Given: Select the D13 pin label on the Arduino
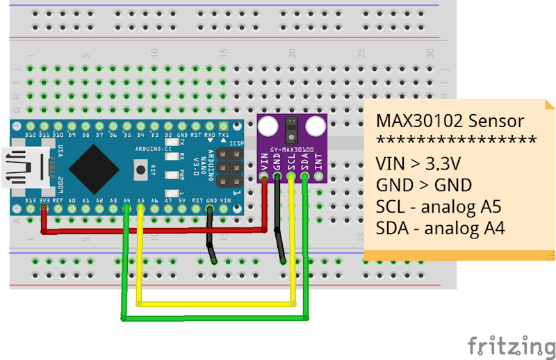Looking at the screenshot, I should [x=30, y=201].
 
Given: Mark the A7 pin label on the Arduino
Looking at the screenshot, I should [x=168, y=201].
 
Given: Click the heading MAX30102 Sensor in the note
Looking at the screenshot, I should [x=450, y=120].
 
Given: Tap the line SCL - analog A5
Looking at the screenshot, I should [x=439, y=206].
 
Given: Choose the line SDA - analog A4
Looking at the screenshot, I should [x=440, y=228].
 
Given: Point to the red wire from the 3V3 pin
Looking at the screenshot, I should [x=153, y=230].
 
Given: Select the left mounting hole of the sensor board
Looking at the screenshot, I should [x=267, y=126].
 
